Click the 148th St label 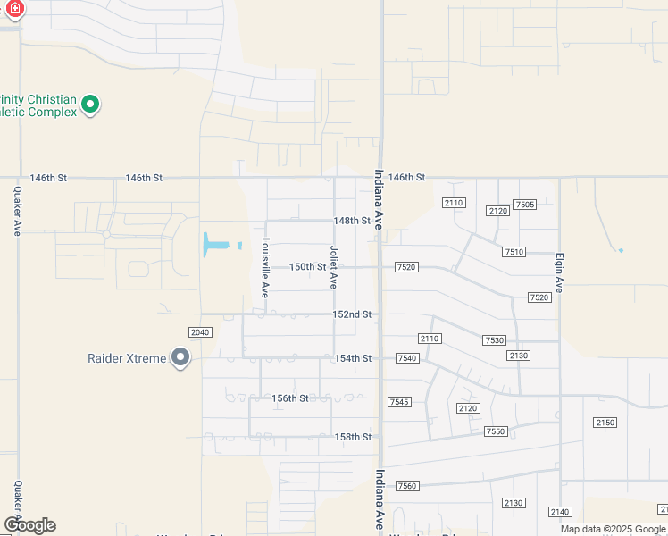352,221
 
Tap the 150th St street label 308,267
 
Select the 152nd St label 352,314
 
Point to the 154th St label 352,358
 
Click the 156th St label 290,398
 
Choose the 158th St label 352,437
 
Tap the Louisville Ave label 265,267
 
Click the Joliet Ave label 334,267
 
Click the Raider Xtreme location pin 181,358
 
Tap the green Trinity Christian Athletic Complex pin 89,105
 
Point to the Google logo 29,525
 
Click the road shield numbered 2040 200,332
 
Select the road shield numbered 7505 525,205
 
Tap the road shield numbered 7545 399,403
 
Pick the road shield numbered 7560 407,486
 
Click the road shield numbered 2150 605,423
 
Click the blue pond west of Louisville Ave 215,242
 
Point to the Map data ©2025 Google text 611,529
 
